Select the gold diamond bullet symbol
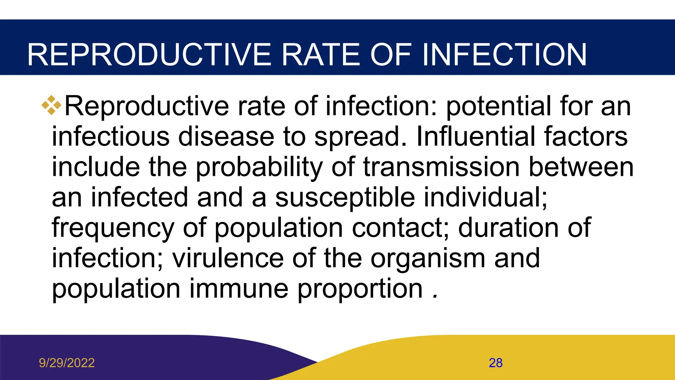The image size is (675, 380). (51, 105)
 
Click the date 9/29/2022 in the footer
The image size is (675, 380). (67, 363)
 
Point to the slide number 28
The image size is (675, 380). (495, 363)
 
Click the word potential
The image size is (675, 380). (498, 107)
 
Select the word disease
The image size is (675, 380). (226, 137)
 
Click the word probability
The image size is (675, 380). (259, 168)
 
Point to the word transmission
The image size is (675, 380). (441, 167)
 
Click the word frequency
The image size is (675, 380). (113, 228)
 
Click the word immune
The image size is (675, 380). (239, 289)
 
